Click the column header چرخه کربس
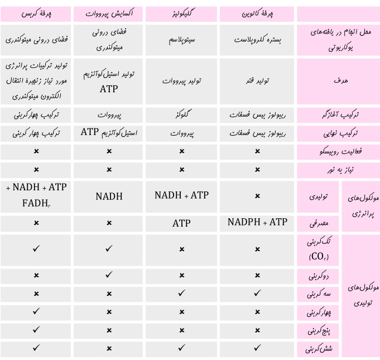click(x=36, y=13)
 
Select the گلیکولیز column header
click(x=181, y=13)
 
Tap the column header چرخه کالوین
click(x=257, y=13)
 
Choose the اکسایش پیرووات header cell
click(x=109, y=13)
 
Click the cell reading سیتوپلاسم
click(x=181, y=41)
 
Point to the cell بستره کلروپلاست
click(x=257, y=41)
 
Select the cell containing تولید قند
click(x=257, y=81)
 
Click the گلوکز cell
click(x=181, y=116)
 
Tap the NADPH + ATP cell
click(x=257, y=223)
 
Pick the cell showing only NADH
click(x=109, y=196)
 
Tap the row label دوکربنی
click(x=320, y=276)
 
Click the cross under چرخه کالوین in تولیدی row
click(x=257, y=196)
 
